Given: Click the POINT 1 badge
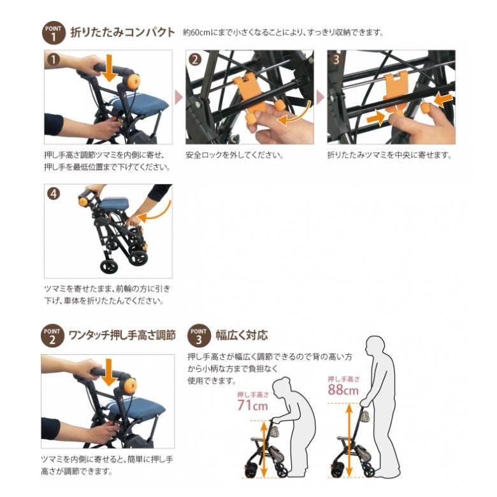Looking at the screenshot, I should click(x=54, y=32).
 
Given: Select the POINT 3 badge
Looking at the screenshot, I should click(x=199, y=336).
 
